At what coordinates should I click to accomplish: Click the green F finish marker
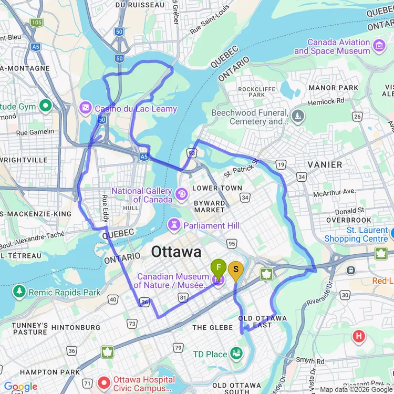(219, 268)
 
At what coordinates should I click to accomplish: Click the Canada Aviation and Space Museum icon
(379, 46)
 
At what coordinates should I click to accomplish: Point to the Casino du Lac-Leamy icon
(85, 109)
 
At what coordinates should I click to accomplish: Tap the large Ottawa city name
(176, 252)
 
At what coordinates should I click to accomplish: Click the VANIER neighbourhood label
(325, 164)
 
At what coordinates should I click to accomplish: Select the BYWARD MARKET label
(210, 206)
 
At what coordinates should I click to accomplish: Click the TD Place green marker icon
(237, 354)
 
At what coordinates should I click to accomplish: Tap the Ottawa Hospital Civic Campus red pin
(103, 380)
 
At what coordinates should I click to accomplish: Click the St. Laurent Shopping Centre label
(367, 235)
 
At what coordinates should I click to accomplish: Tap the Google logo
(21, 387)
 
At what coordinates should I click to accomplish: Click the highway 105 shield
(36, 23)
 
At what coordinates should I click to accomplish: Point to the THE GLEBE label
(213, 327)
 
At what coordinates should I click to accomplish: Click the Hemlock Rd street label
(326, 100)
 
